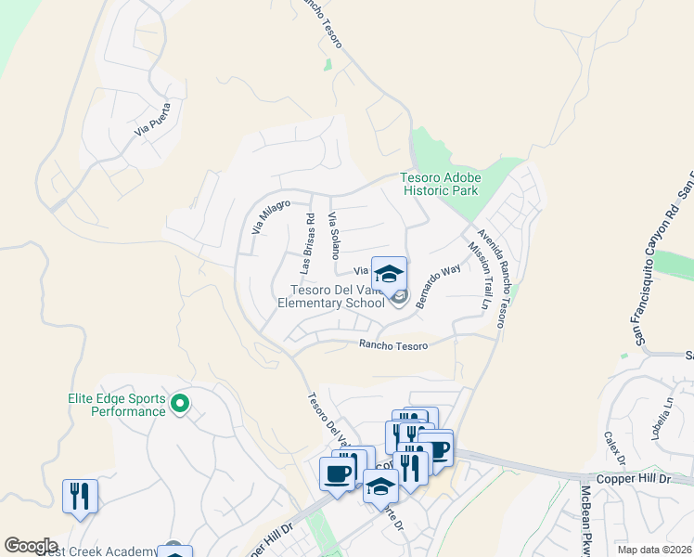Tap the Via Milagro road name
coord(271,217)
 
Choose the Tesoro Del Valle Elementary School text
coord(331,296)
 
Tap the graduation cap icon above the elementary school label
coord(390,273)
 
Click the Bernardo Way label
coord(438,286)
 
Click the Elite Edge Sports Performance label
coord(116,404)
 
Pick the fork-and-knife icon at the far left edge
coord(80,496)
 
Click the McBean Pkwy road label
coord(586,521)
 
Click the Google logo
coord(31,546)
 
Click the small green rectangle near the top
coord(328,65)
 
